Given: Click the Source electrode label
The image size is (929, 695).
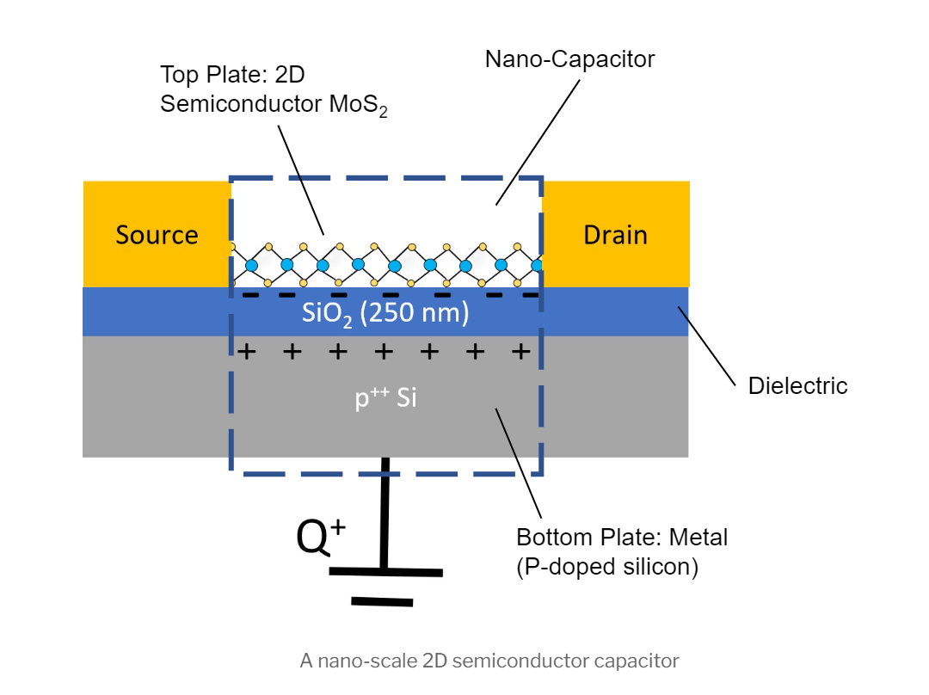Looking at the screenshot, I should (x=157, y=235).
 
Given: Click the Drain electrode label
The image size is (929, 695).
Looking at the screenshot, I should (x=615, y=235).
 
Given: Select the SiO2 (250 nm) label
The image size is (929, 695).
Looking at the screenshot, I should (x=385, y=313).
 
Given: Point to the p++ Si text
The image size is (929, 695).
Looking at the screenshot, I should (x=386, y=398).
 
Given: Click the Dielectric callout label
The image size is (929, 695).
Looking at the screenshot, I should (x=797, y=385).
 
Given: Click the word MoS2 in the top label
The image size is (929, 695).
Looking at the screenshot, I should (x=357, y=106).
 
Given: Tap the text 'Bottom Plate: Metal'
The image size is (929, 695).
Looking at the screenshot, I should (x=622, y=538).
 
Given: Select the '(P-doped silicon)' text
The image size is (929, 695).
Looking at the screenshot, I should (x=607, y=568).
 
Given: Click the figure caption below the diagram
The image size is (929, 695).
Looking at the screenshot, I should (x=489, y=661).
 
